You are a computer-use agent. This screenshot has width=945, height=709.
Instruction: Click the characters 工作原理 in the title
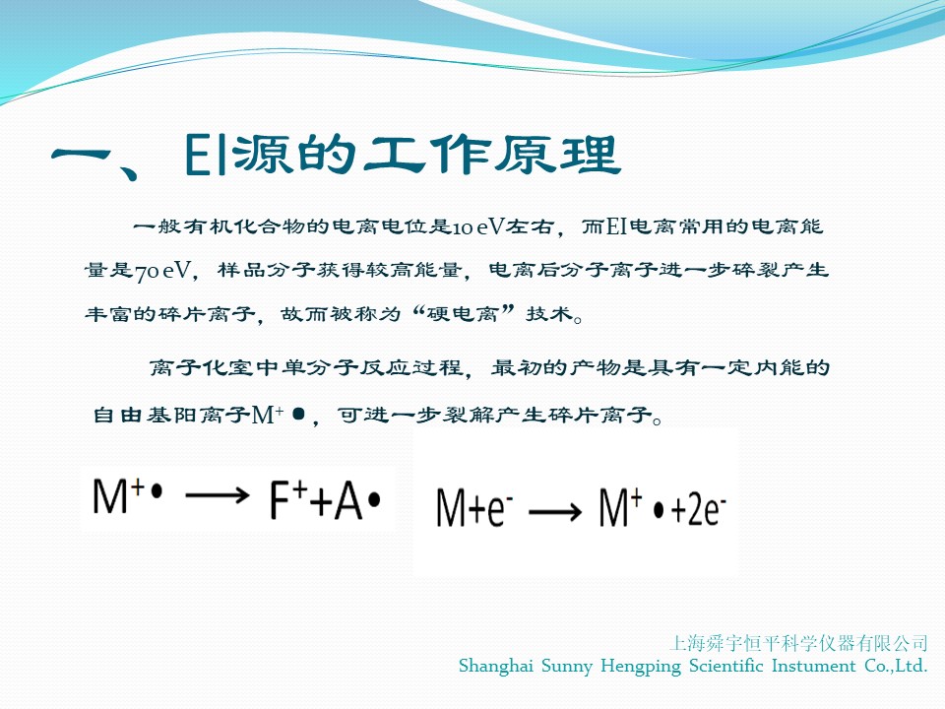491,155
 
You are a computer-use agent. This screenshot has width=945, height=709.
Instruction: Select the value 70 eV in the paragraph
162,271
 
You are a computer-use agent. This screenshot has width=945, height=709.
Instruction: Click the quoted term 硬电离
463,313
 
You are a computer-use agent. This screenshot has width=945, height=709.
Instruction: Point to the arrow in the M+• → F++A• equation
217,495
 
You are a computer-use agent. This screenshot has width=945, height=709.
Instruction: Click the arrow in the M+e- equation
555,512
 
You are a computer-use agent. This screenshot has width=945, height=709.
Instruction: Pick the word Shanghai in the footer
496,667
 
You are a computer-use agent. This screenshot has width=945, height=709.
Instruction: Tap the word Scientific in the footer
725,666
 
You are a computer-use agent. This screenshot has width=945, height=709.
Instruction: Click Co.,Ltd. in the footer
896,666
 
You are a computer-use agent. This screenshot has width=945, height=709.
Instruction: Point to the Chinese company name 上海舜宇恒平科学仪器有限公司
798,643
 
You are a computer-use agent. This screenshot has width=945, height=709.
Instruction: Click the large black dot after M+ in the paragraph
298,415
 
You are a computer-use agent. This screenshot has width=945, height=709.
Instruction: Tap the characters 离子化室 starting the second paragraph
201,367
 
